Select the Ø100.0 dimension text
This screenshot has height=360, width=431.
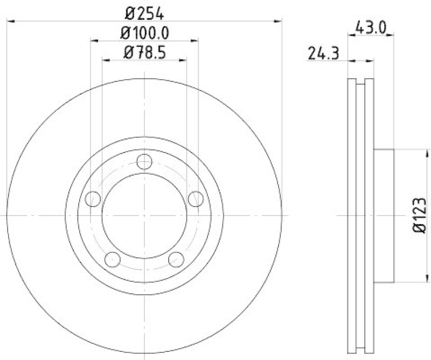(144, 33)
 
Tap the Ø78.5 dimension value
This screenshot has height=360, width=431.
(144, 53)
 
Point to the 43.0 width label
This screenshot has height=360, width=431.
(371, 26)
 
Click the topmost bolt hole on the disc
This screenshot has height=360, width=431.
(144, 161)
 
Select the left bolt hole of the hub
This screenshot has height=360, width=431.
(93, 198)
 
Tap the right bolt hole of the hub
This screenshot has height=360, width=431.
(195, 198)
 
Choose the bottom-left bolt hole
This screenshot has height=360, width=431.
(113, 259)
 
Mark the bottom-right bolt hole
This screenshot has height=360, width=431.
(176, 259)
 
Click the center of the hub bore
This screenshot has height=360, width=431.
(144, 215)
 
